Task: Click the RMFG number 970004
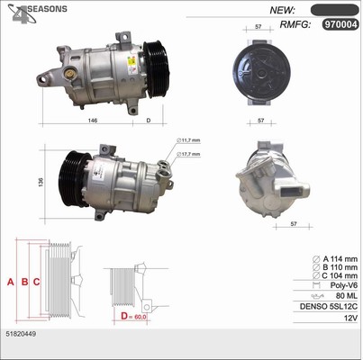[x=340, y=24]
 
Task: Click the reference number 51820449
[x=21, y=334]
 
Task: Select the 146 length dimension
[x=93, y=121]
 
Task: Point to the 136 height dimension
[x=41, y=182]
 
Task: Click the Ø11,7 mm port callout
[x=188, y=140]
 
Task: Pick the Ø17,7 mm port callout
[x=188, y=154]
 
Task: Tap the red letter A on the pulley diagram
[x=11, y=282]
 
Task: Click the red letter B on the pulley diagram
[x=24, y=282]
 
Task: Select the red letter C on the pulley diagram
[x=36, y=282]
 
